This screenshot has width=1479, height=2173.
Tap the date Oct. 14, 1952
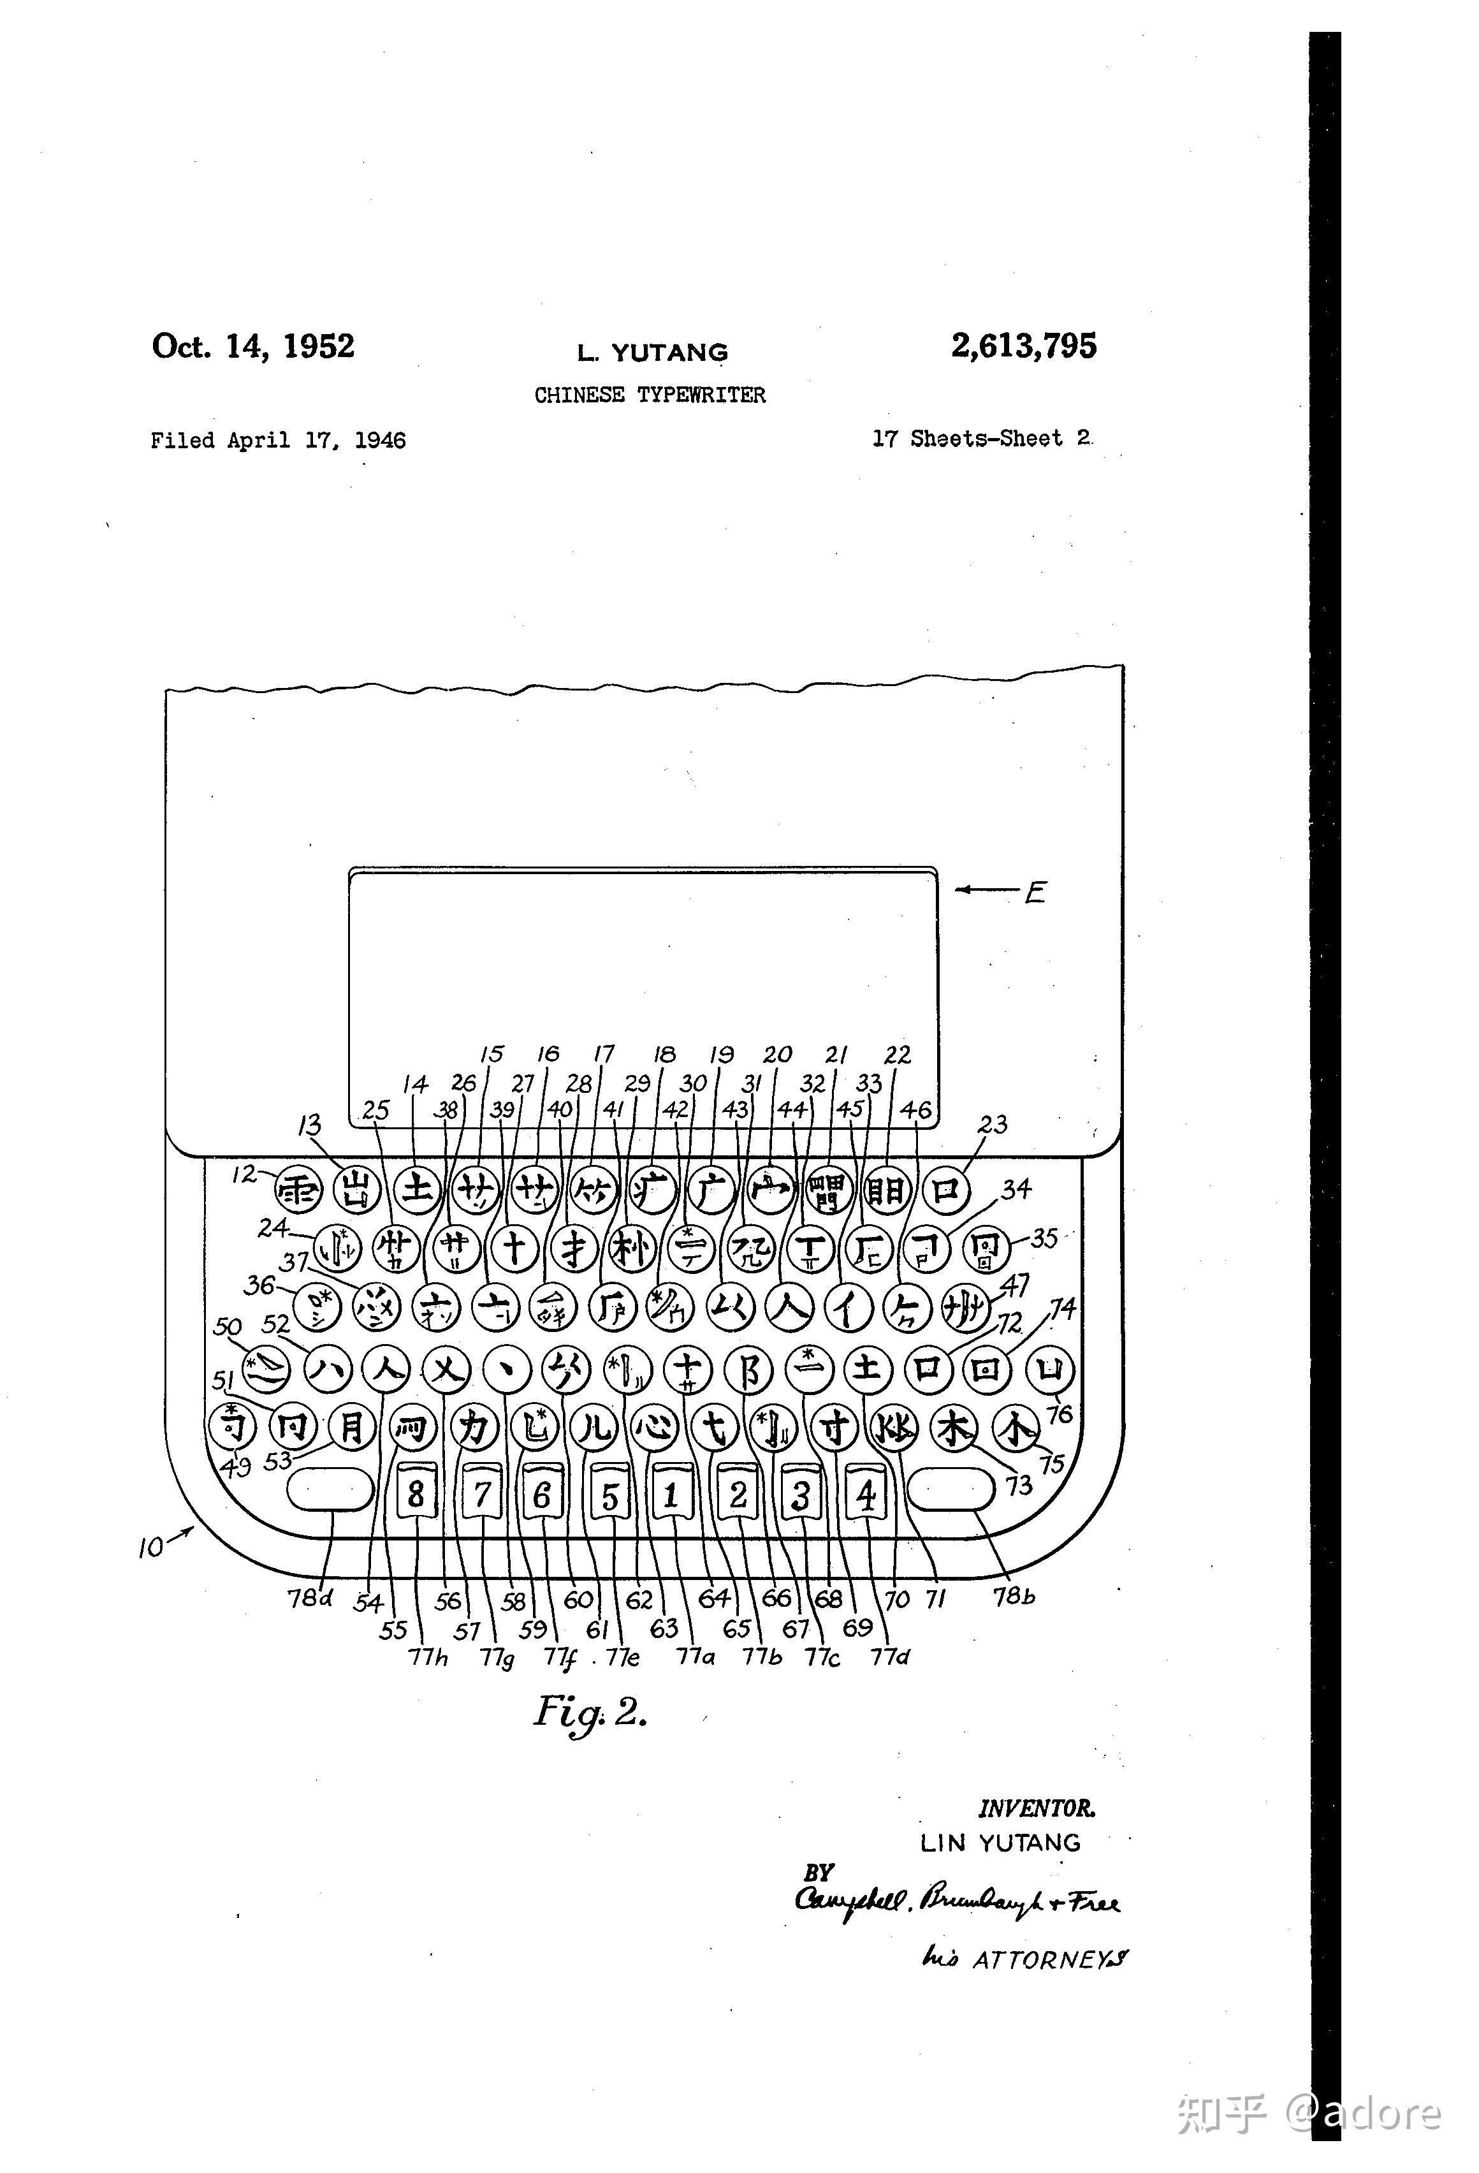(x=253, y=346)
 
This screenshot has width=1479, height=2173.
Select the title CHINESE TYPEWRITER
(x=650, y=395)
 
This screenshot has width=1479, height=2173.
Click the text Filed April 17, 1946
(x=278, y=441)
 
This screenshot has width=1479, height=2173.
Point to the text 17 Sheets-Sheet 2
(x=982, y=439)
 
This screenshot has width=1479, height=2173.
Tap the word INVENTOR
(x=1036, y=1810)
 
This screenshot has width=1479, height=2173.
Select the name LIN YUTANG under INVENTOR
(x=1000, y=1843)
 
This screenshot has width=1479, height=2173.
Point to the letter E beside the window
(x=1035, y=893)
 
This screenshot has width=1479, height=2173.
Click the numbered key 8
(x=417, y=1493)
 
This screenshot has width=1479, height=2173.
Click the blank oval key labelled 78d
(x=329, y=1489)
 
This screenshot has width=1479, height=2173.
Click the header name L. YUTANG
(x=652, y=353)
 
